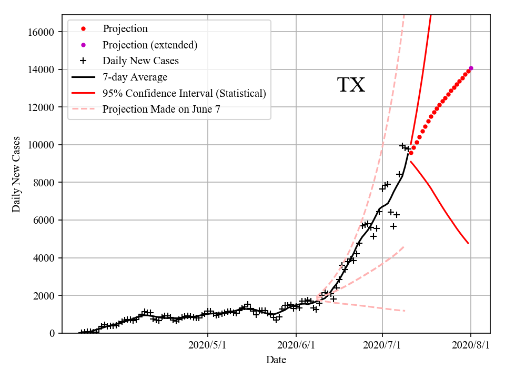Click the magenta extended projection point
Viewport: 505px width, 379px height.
[471, 68]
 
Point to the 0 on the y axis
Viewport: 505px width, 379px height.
[52, 333]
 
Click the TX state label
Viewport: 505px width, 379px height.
[351, 85]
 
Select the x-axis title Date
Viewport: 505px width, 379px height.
[276, 361]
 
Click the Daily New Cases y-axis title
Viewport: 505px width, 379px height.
[16, 174]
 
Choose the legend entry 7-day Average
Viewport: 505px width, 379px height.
[135, 77]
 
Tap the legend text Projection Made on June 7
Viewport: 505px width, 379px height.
[161, 109]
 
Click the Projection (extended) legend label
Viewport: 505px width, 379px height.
[150, 45]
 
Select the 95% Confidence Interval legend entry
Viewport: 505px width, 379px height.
[184, 93]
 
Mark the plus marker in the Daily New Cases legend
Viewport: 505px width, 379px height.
[83, 61]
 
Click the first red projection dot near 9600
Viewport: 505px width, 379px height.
[411, 153]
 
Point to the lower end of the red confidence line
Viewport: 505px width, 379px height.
[468, 243]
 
